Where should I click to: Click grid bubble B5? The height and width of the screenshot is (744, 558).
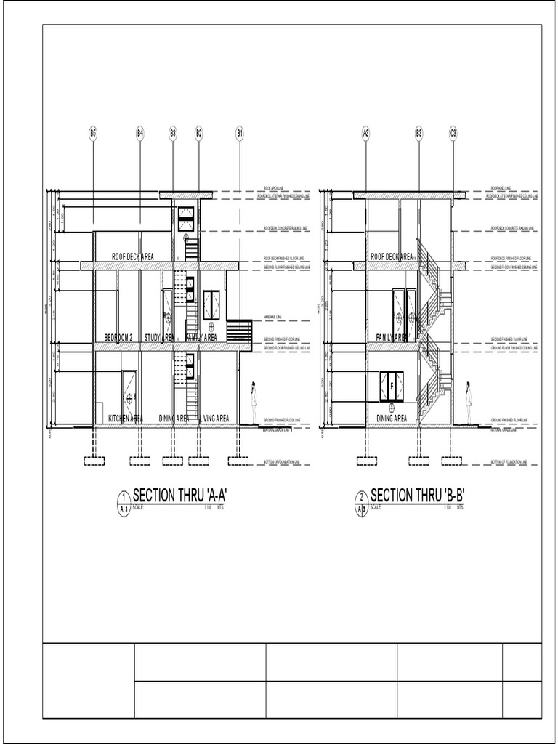coord(93,133)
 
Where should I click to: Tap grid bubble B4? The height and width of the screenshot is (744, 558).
coord(140,133)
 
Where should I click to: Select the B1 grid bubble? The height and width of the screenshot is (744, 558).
coord(239,133)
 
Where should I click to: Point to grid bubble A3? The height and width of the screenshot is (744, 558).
coord(366,133)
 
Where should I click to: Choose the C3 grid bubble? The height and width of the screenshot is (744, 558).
coord(453,133)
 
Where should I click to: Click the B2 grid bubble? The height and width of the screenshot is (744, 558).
coord(198,133)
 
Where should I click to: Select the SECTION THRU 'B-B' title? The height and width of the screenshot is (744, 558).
coord(417,496)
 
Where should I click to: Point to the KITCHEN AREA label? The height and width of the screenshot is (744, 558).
coord(126,418)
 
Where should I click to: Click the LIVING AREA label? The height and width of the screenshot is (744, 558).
coord(214,418)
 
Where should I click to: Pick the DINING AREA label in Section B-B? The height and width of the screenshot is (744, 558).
coord(392,418)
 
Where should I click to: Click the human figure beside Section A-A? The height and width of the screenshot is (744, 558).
coord(254,403)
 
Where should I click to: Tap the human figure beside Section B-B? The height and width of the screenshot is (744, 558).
coord(469,403)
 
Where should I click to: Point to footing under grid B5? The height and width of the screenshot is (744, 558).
coord(93,460)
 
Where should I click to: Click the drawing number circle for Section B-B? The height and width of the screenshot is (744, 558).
coord(361,497)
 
